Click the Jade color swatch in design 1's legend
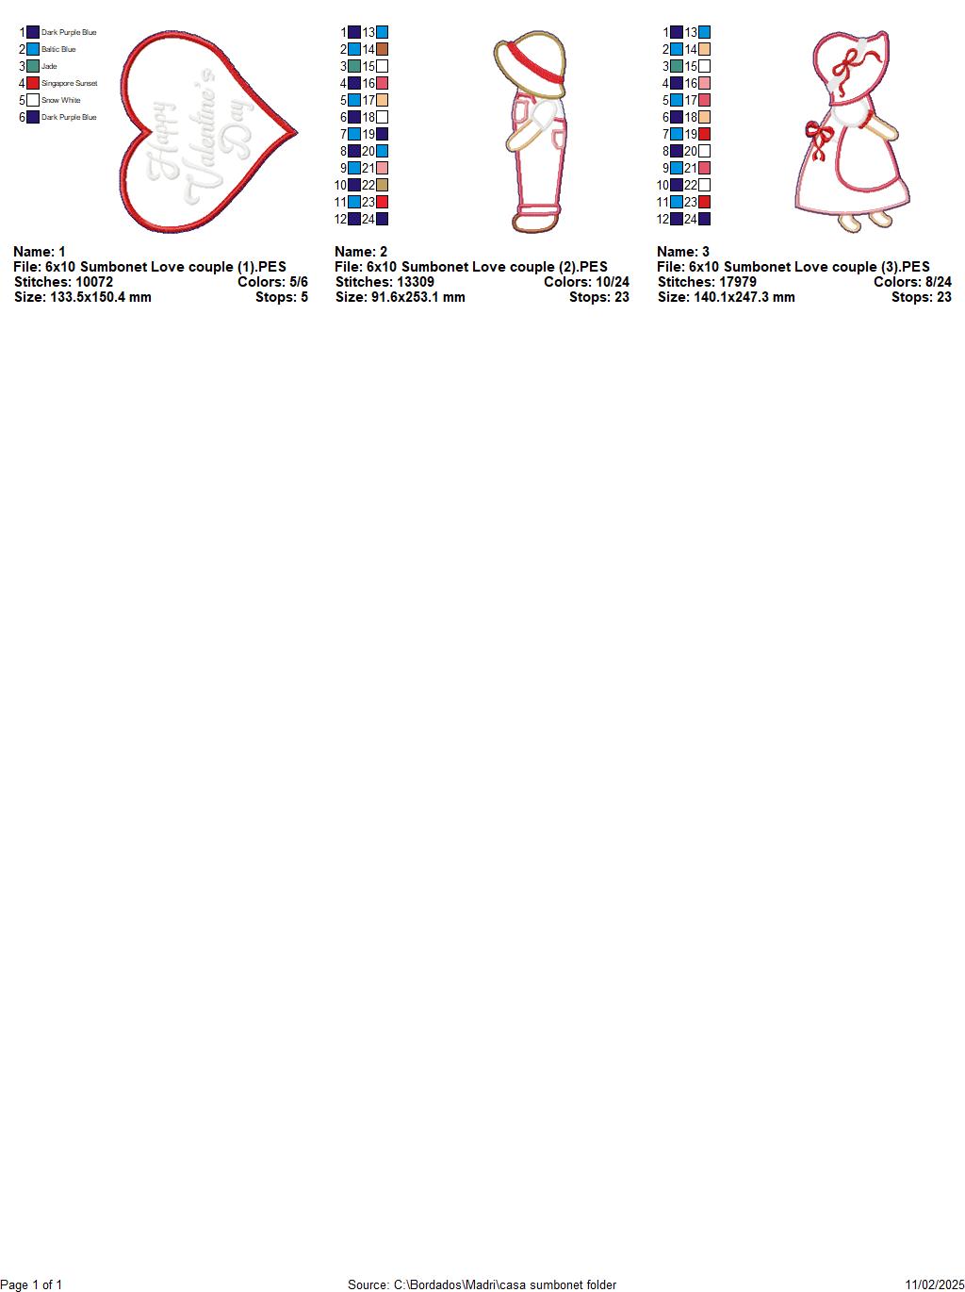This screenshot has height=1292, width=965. (x=33, y=66)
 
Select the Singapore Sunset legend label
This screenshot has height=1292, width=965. (x=70, y=84)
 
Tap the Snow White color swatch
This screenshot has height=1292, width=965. (x=33, y=100)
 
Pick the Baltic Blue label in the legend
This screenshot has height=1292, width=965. (x=58, y=49)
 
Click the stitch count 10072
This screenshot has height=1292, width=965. (x=94, y=282)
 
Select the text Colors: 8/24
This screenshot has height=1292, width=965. (x=912, y=282)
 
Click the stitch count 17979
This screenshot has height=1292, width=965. (x=738, y=282)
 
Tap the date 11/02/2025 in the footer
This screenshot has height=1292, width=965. (x=935, y=1284)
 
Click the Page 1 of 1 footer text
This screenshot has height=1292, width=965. (x=31, y=1284)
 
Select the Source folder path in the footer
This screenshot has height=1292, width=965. (x=504, y=1284)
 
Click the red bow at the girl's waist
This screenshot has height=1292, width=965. (x=819, y=139)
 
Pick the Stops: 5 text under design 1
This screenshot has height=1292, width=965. (x=282, y=297)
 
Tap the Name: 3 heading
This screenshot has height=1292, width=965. (x=683, y=252)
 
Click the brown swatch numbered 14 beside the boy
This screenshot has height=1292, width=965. (x=383, y=49)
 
